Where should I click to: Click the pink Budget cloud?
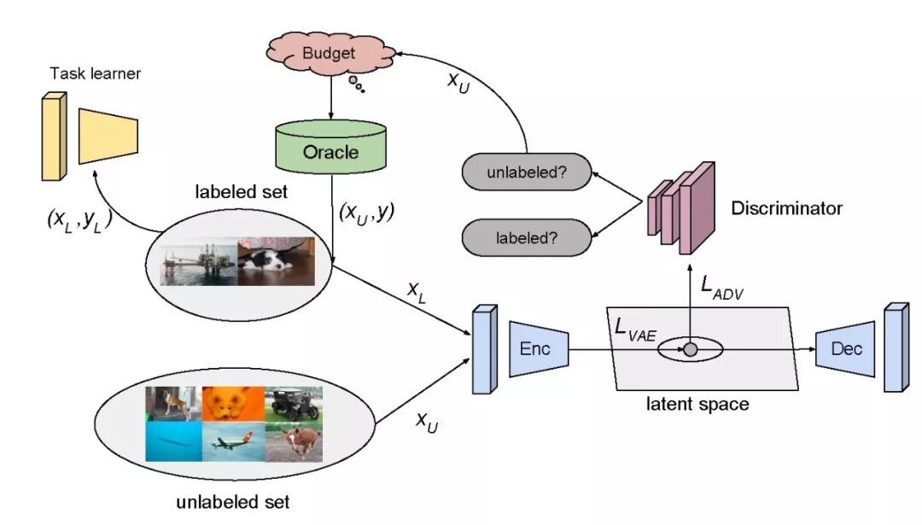point(328,52)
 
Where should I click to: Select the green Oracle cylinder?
point(330,152)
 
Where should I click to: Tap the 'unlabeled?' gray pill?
point(527,173)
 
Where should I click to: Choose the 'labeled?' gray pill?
point(527,236)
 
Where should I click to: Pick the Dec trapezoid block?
point(845,348)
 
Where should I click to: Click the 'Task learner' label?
point(96,73)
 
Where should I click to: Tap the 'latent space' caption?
point(697,404)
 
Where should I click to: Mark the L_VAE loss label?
point(635,330)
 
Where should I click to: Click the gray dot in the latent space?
point(691,349)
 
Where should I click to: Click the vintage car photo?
point(292,404)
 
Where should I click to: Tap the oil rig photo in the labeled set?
point(199,265)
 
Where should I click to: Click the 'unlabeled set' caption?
point(232,501)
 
